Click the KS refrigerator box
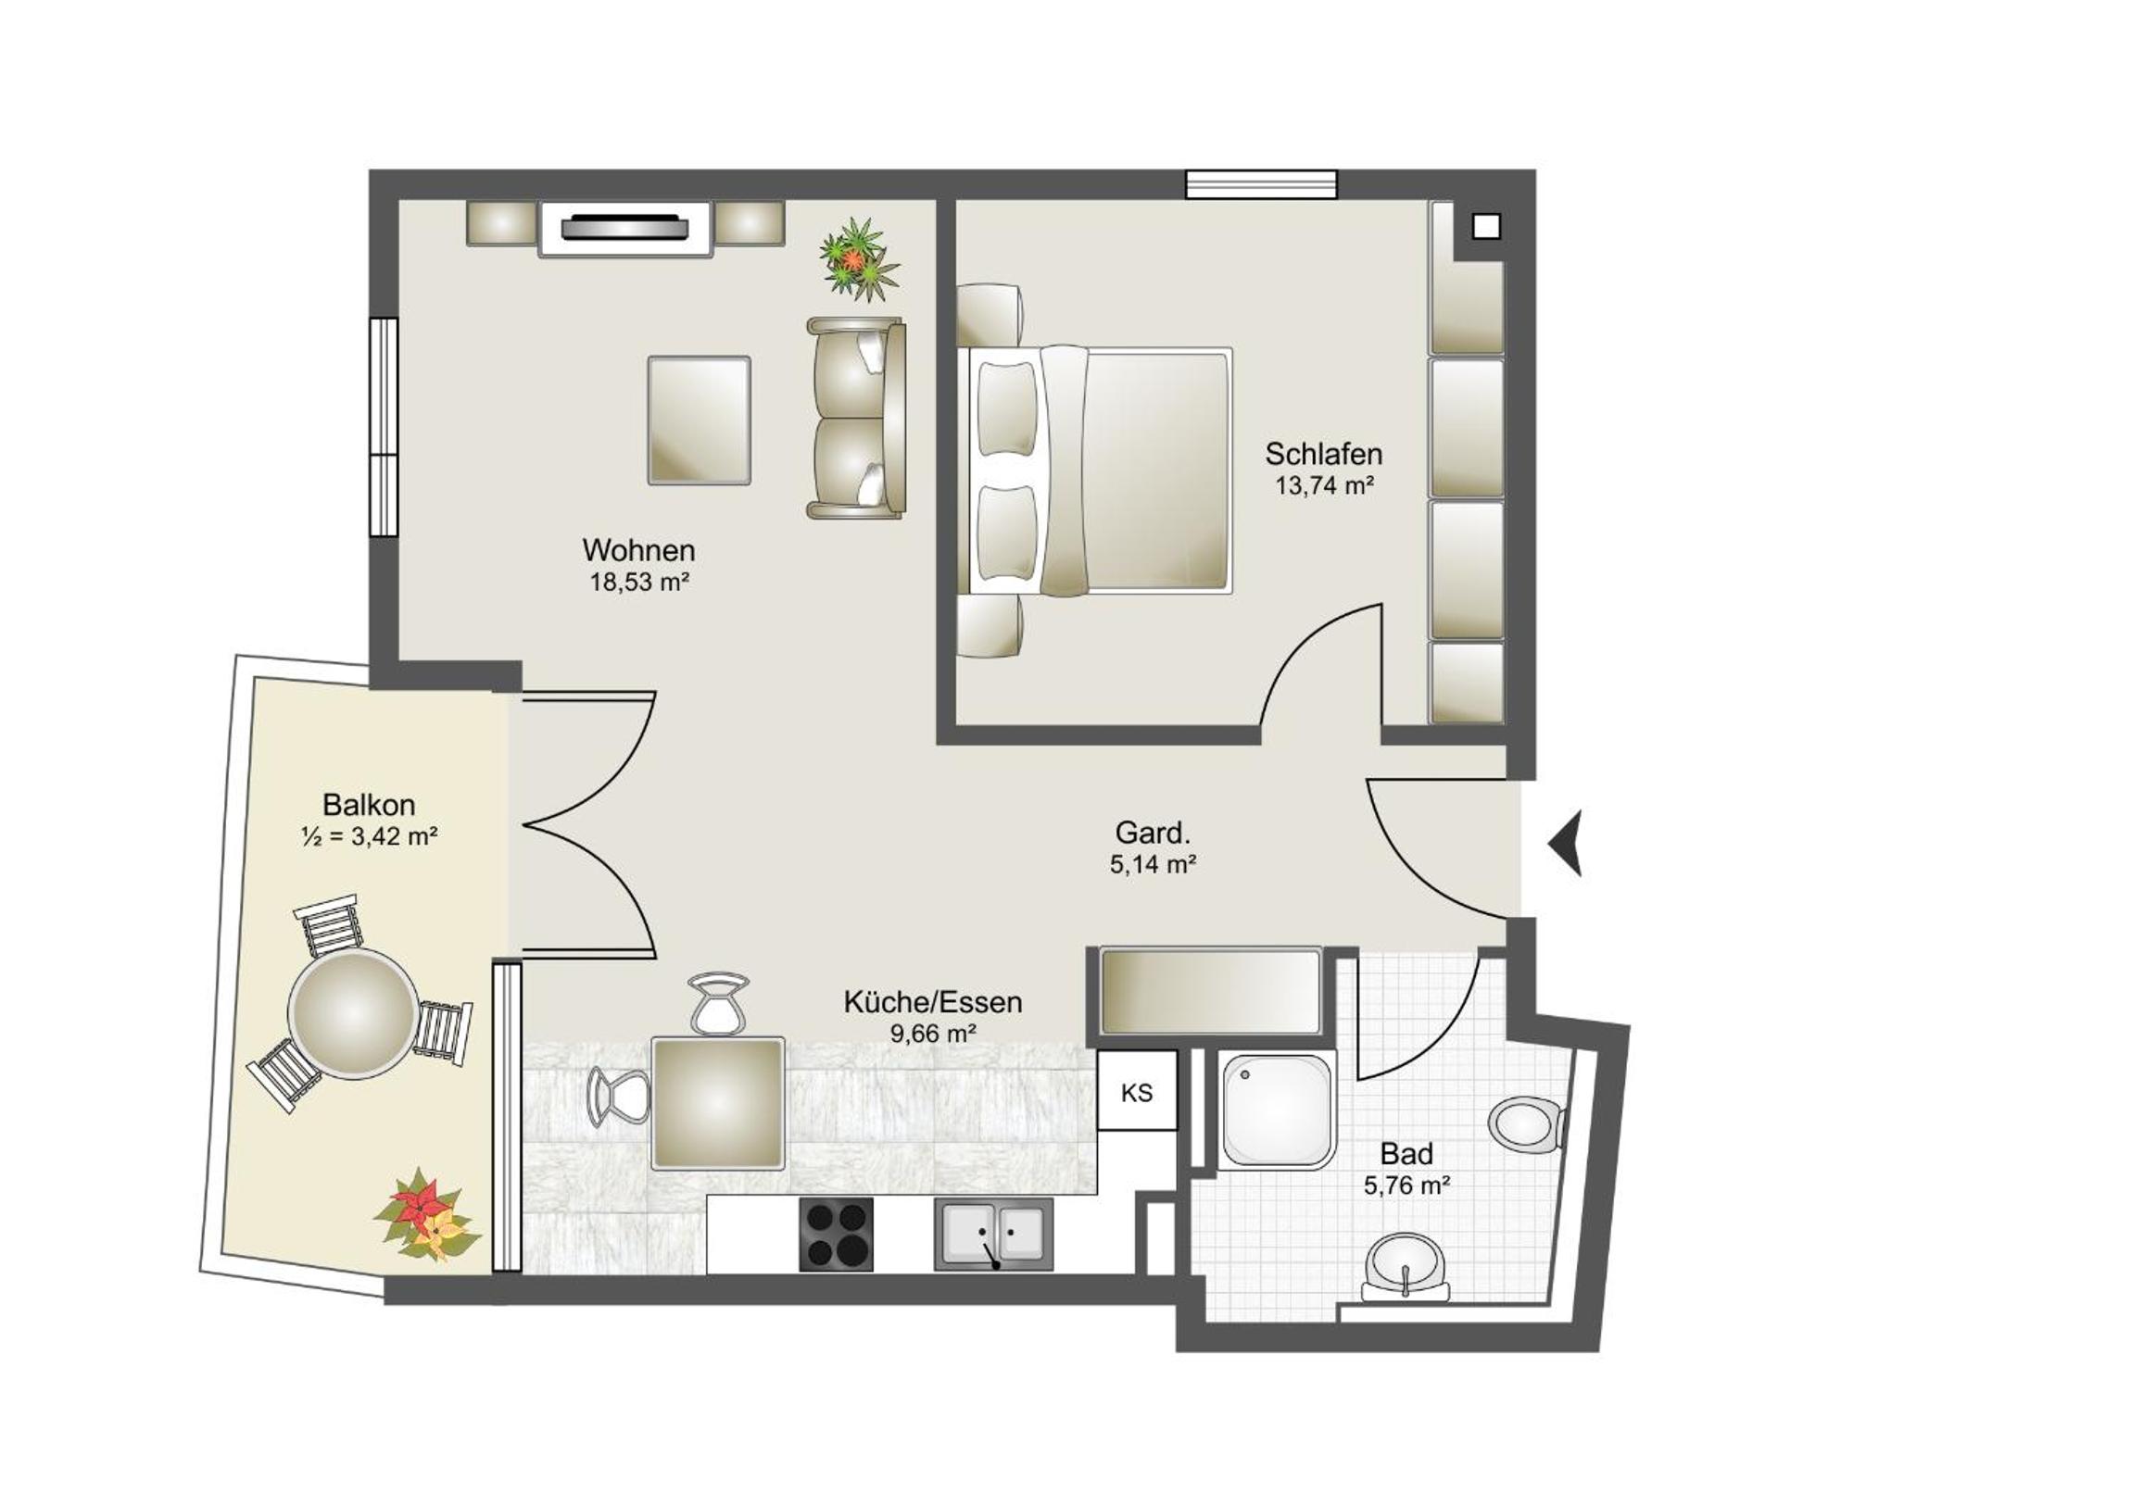(1137, 1090)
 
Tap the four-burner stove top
(836, 1234)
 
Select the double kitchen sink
(993, 1234)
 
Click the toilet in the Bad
(1527, 1124)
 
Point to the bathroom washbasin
(1406, 1267)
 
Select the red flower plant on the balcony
(427, 1215)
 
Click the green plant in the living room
(859, 259)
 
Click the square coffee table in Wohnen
(699, 420)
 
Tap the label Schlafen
(1323, 454)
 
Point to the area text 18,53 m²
(639, 582)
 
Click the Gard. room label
(1153, 833)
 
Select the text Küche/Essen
(933, 1002)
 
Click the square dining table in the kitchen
(717, 1103)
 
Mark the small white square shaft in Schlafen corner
(1486, 225)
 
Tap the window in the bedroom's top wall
(1261, 183)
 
